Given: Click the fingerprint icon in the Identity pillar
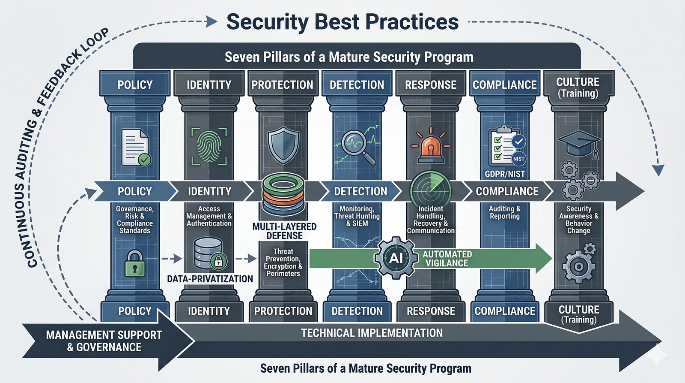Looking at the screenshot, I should (x=208, y=146).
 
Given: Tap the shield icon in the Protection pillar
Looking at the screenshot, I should (x=283, y=146).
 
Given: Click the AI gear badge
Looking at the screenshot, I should (x=396, y=258).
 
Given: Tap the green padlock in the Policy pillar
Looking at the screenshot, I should (x=135, y=264).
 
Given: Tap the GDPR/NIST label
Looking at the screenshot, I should (x=505, y=174).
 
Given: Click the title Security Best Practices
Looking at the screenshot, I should (x=342, y=21).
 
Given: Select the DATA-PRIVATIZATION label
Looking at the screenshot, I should (x=210, y=279).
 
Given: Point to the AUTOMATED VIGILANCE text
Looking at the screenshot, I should (x=447, y=259).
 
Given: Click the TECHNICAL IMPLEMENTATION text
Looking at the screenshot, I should (x=372, y=333).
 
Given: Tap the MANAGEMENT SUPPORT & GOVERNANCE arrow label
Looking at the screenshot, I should (x=104, y=341).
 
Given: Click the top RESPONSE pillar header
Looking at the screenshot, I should (x=431, y=84).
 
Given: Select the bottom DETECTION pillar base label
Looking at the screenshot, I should (x=357, y=311).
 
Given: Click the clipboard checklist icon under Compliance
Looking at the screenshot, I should (x=505, y=146).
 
